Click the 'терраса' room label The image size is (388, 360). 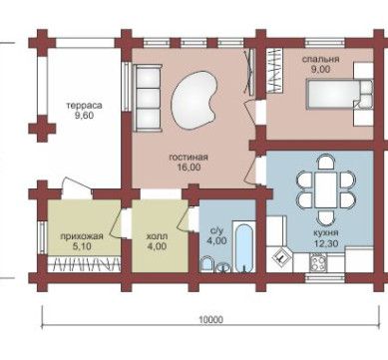84,106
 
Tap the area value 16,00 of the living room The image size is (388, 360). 189,168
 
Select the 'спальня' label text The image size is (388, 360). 320,60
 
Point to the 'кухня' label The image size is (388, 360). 326,232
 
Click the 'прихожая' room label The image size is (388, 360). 82,236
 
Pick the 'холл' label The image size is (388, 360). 157,236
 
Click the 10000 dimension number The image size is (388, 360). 210,320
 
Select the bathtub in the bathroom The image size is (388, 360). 244,246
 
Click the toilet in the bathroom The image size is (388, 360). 207,264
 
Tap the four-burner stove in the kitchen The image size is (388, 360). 317,262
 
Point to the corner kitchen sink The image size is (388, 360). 281,258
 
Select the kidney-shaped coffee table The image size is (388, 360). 194,100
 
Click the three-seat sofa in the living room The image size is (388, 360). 147,98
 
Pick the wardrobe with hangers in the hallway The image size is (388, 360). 84,264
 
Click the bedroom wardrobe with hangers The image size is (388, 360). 275,71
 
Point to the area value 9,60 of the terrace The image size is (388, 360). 84,116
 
